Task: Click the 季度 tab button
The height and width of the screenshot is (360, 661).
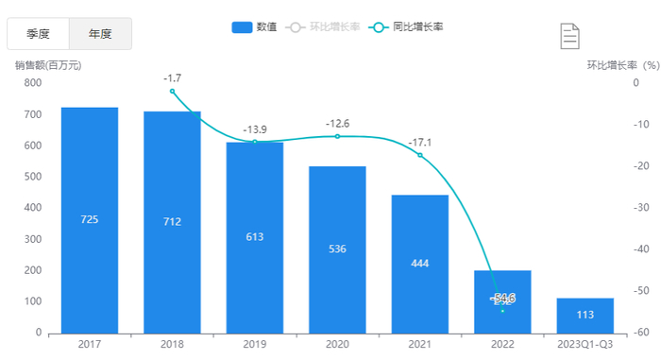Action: [x=38, y=34]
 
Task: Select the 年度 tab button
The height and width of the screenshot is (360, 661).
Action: [x=100, y=34]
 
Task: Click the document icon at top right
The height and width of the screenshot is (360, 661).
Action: [x=569, y=36]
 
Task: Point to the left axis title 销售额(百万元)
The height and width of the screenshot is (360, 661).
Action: [x=49, y=65]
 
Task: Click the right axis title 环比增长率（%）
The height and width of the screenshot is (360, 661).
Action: [x=623, y=65]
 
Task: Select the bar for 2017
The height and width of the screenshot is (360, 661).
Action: [x=90, y=219]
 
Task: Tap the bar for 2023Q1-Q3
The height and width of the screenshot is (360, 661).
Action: [x=585, y=315]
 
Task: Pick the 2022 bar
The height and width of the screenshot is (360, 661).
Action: [x=502, y=301]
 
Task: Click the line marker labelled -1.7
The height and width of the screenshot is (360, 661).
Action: [x=172, y=91]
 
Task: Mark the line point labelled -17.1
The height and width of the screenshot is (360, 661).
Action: [x=420, y=155]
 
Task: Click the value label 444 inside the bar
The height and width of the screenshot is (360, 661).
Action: [x=419, y=263]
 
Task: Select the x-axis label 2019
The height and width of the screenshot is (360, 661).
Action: [x=255, y=346]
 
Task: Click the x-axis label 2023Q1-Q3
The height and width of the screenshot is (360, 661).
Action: [x=585, y=346]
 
